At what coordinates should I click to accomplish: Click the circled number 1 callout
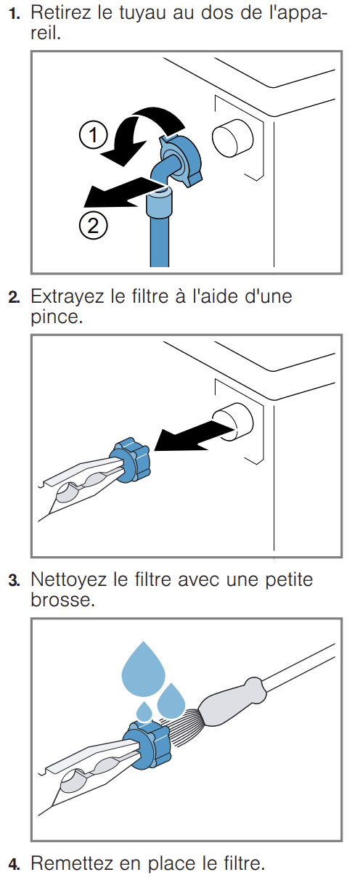tap(94, 135)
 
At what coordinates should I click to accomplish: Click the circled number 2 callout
tap(93, 226)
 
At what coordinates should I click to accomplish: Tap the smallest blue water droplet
tap(144, 711)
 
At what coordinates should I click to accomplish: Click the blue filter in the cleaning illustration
tap(147, 743)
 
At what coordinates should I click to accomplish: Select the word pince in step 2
tap(57, 317)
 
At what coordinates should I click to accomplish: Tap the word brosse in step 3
tap(63, 600)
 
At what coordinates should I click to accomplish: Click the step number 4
tap(14, 864)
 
